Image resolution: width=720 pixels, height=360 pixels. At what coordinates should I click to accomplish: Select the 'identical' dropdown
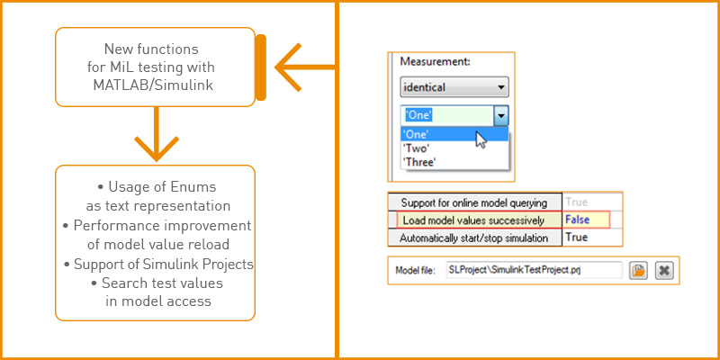454,88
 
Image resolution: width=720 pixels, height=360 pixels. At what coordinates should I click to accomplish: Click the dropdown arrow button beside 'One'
501,115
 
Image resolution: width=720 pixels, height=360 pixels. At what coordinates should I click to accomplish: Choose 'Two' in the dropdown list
418,148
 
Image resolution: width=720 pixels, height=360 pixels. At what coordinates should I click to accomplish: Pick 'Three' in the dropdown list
420,163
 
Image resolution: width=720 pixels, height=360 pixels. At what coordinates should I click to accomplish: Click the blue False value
577,220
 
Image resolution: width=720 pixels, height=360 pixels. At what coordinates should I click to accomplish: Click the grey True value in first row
576,202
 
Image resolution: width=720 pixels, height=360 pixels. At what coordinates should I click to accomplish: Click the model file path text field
533,270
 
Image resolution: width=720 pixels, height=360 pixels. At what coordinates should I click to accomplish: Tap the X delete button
664,270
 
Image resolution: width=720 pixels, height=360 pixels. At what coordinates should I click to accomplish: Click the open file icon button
638,270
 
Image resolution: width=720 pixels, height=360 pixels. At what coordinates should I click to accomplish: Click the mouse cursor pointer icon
481,139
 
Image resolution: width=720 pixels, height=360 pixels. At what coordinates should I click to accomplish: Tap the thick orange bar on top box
259,67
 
